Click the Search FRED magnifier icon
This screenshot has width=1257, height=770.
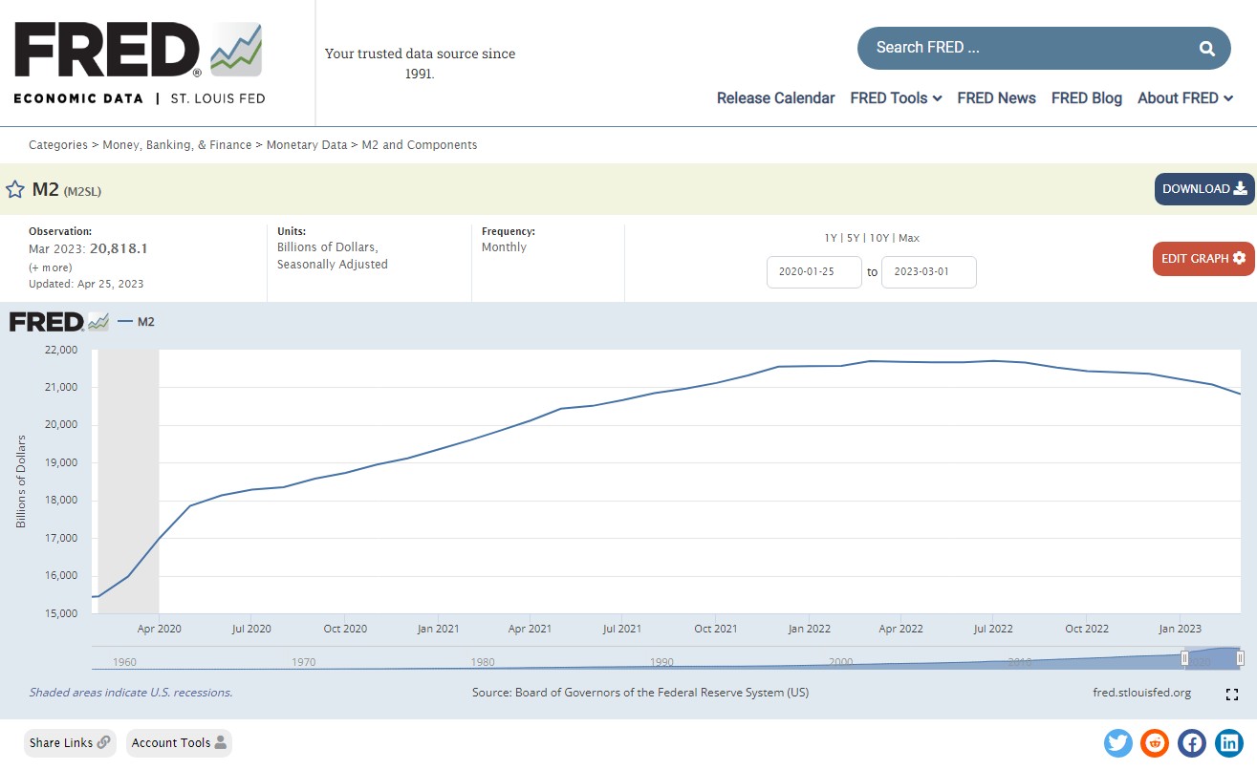pyautogui.click(x=1207, y=48)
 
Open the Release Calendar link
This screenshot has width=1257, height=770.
pyautogui.click(x=775, y=97)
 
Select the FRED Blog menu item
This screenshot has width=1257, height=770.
pyautogui.click(x=1086, y=97)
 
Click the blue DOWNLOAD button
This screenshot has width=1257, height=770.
pyautogui.click(x=1203, y=189)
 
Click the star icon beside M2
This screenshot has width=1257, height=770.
pyautogui.click(x=15, y=189)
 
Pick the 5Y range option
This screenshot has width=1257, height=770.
pyautogui.click(x=854, y=238)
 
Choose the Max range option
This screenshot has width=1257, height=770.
pyautogui.click(x=908, y=238)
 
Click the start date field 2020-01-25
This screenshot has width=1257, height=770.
pyautogui.click(x=813, y=272)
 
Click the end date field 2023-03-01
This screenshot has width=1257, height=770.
pyautogui.click(x=928, y=272)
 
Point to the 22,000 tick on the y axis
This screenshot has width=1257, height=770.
pyautogui.click(x=61, y=350)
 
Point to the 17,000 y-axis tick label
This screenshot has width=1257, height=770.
pyautogui.click(x=61, y=538)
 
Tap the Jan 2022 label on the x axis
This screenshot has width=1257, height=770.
pyautogui.click(x=808, y=629)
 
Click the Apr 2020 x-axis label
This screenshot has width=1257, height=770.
pyautogui.click(x=159, y=629)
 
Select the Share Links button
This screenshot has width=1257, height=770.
pyautogui.click(x=70, y=742)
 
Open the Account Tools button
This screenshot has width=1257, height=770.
pyautogui.click(x=179, y=742)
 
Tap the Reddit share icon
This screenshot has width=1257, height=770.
pyautogui.click(x=1155, y=742)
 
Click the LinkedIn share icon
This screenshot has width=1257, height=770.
pyautogui.click(x=1228, y=742)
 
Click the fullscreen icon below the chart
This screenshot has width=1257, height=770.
pyautogui.click(x=1232, y=695)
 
